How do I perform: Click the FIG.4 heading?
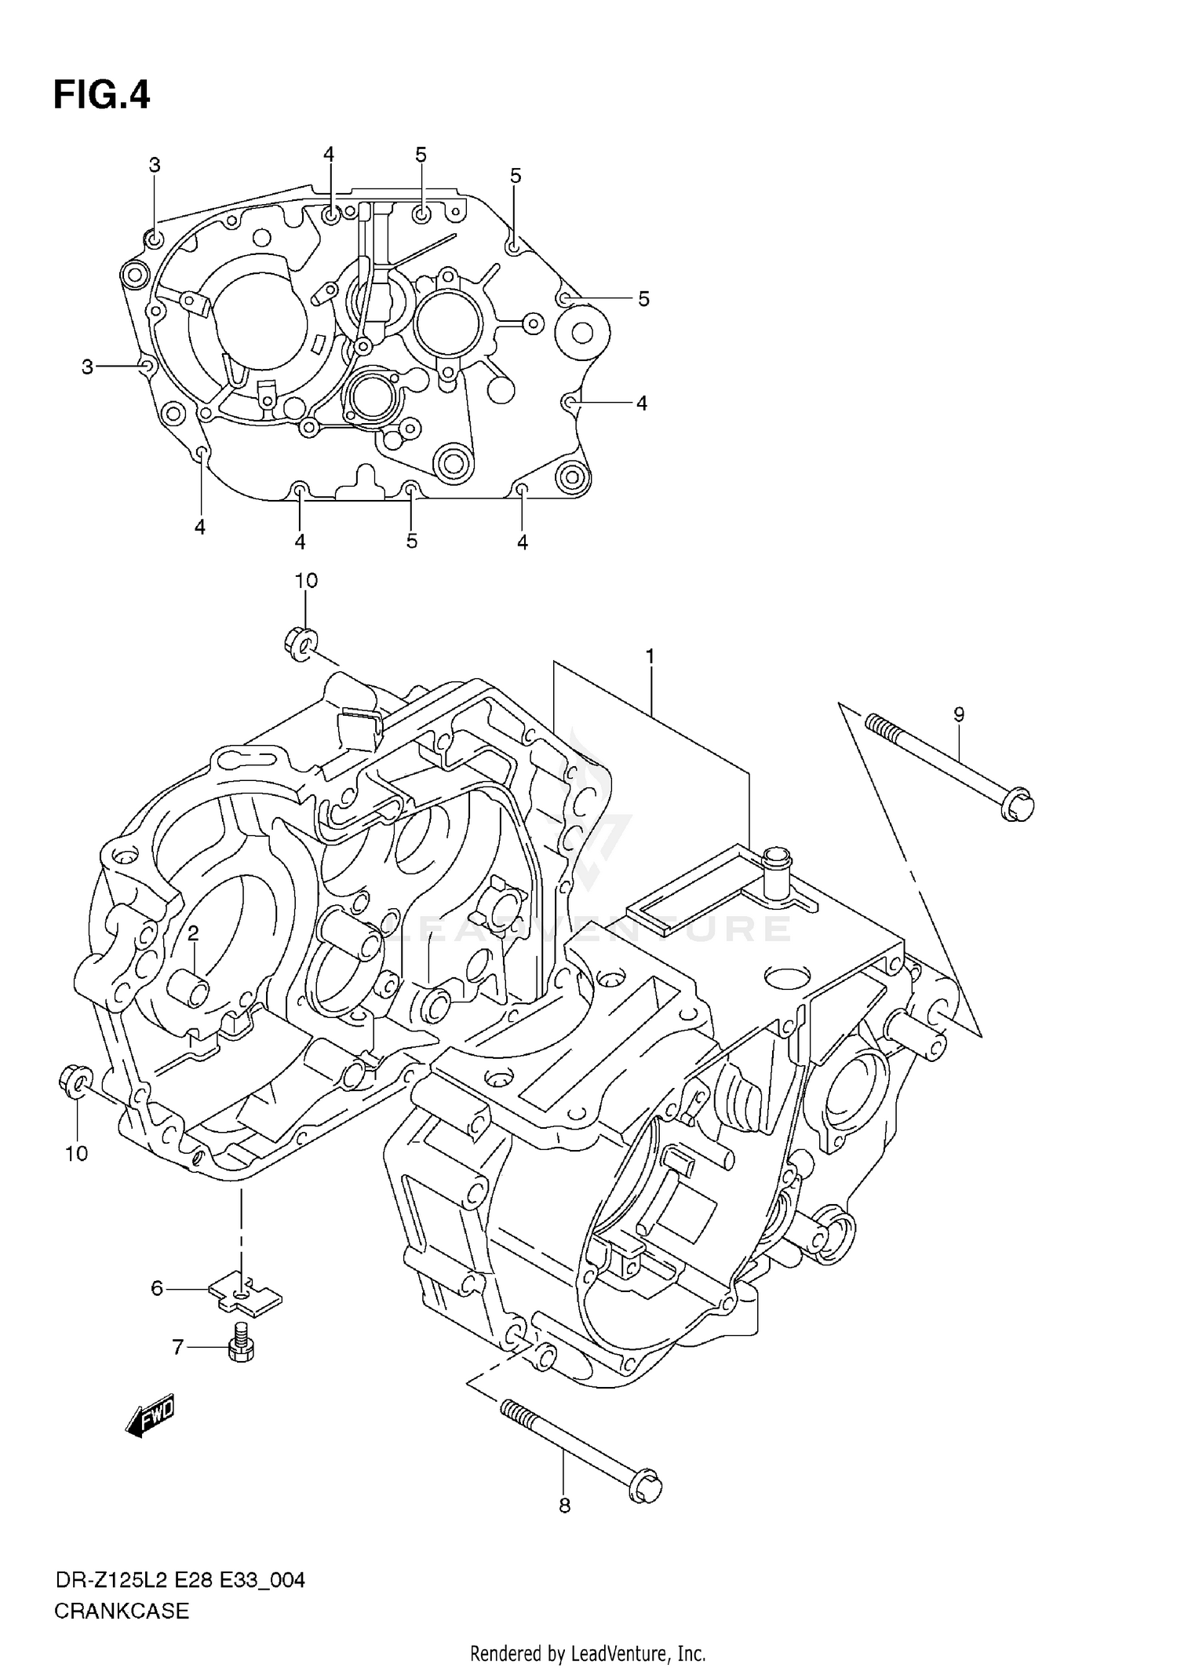pyautogui.click(x=101, y=96)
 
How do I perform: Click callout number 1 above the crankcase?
pyautogui.click(x=650, y=656)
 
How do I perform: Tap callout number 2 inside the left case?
pyautogui.click(x=192, y=933)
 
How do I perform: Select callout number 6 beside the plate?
pyautogui.click(x=157, y=1288)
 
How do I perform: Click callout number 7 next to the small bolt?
pyautogui.click(x=178, y=1348)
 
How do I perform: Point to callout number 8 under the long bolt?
pyautogui.click(x=564, y=1506)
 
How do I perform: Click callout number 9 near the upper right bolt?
pyautogui.click(x=959, y=714)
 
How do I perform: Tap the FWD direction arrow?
pyautogui.click(x=150, y=1418)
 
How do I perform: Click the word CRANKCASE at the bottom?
pyautogui.click(x=122, y=1611)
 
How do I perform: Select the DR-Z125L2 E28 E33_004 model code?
pyautogui.click(x=179, y=1580)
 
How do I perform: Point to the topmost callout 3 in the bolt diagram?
pyautogui.click(x=155, y=165)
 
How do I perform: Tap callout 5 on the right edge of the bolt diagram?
pyautogui.click(x=643, y=298)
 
